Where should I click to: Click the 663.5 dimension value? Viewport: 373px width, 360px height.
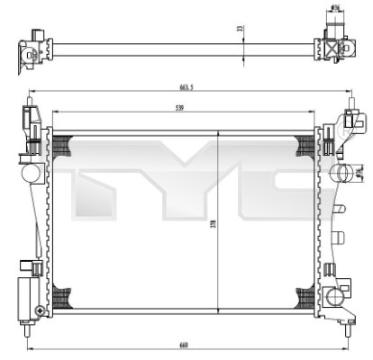pos(186,88)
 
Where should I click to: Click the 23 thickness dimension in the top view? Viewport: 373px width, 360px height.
pos(240,29)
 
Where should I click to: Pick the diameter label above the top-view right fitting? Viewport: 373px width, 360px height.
pos(336,9)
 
